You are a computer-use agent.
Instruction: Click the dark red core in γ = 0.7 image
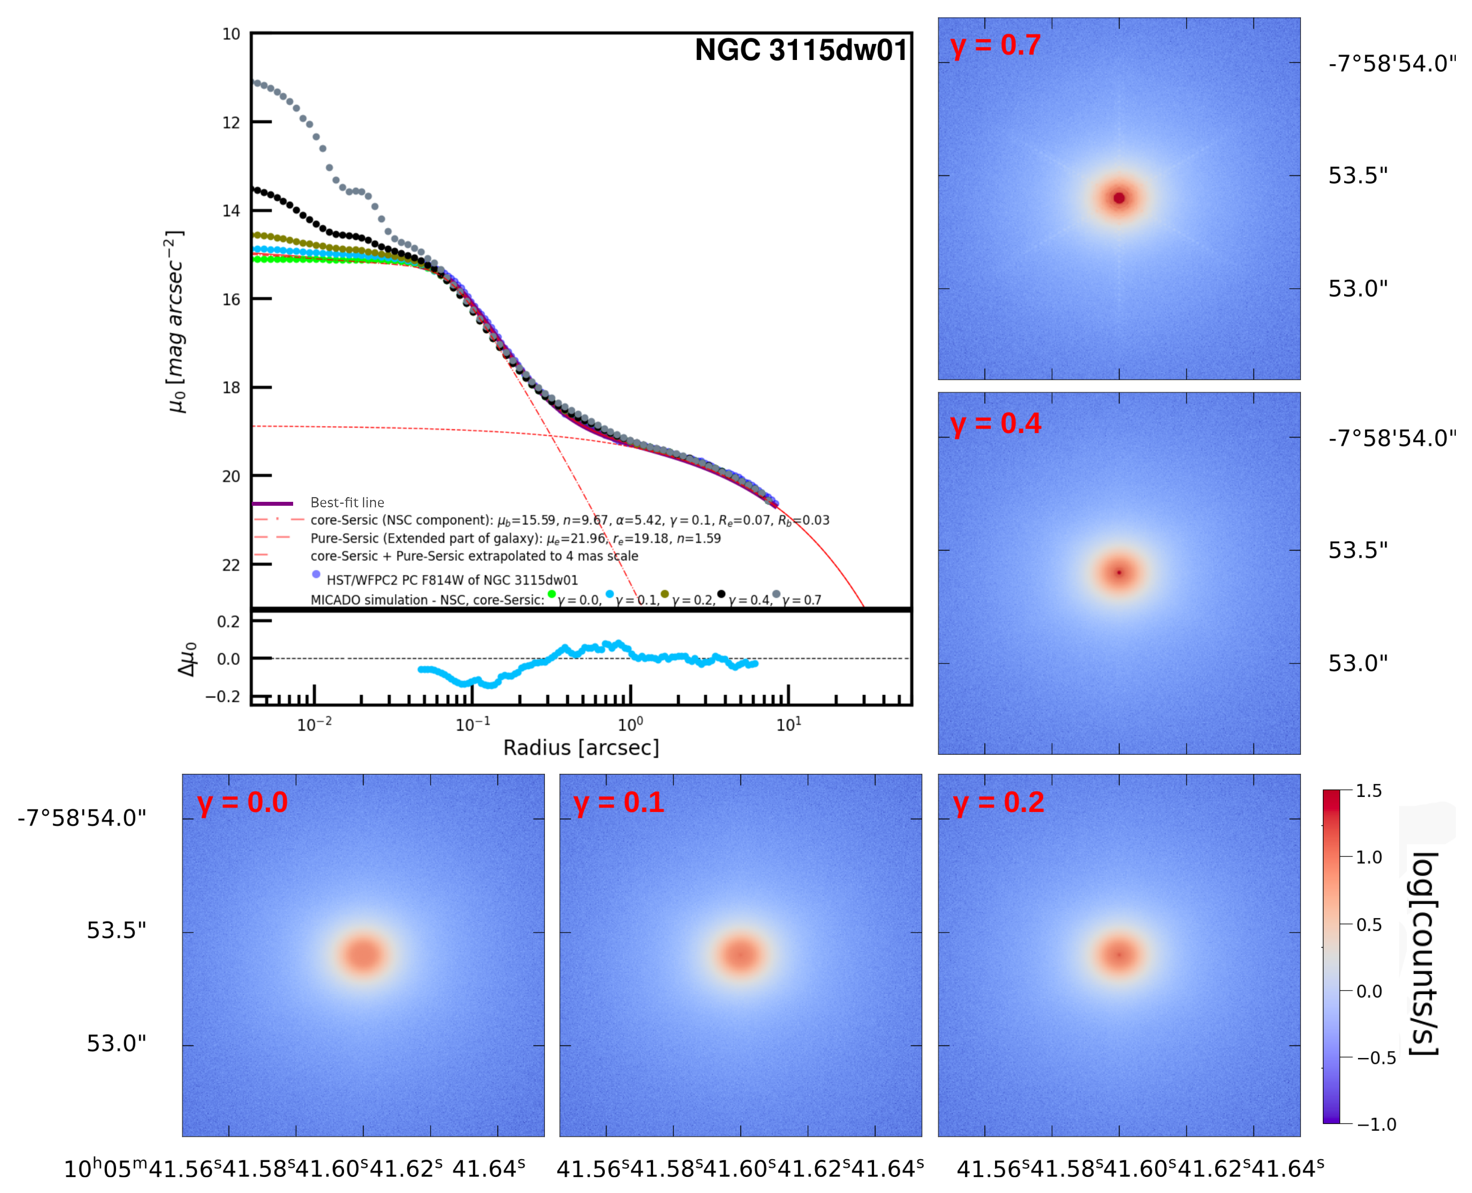pos(1119,198)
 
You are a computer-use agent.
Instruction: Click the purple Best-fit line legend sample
pos(273,503)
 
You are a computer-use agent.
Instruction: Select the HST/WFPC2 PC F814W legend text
pos(452,580)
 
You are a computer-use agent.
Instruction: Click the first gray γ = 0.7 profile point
pos(257,82)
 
